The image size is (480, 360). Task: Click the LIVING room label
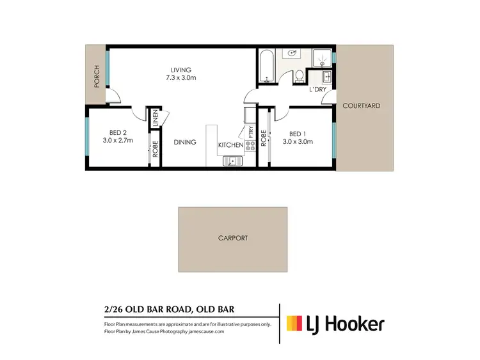point(181,70)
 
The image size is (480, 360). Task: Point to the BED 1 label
point(298,134)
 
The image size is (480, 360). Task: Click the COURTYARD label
point(361,106)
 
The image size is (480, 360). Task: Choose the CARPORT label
point(232,238)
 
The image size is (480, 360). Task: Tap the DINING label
point(185,143)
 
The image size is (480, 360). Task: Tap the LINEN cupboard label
point(155,118)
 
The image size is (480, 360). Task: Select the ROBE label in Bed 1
point(263,139)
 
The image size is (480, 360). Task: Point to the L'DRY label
point(318,90)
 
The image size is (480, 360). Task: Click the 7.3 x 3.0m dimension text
point(181,77)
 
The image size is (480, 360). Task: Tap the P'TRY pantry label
point(249,132)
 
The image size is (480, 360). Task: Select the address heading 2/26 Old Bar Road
point(169,309)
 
